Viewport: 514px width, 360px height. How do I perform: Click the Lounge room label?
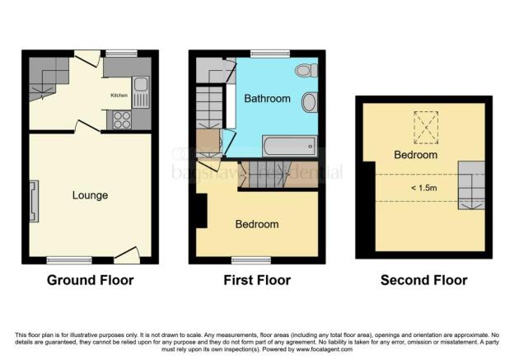click(x=90, y=195)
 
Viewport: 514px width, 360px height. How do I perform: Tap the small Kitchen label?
click(x=120, y=95)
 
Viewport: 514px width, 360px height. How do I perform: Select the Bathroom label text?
click(x=267, y=99)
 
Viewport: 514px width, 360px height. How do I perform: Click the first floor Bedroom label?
click(x=257, y=224)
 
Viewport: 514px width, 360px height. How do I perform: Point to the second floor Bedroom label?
click(x=414, y=155)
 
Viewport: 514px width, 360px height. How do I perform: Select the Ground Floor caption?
click(x=90, y=280)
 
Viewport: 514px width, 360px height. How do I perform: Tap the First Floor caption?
click(x=257, y=280)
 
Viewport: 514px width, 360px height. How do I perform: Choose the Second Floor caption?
click(x=423, y=280)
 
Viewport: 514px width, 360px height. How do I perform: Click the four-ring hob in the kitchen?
click(x=121, y=119)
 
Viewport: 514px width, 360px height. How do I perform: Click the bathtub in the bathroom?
click(x=288, y=147)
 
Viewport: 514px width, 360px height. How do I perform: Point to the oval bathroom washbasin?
click(x=310, y=103)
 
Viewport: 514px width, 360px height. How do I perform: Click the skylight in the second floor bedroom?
click(x=426, y=128)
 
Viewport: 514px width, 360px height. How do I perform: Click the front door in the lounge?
click(x=126, y=259)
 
